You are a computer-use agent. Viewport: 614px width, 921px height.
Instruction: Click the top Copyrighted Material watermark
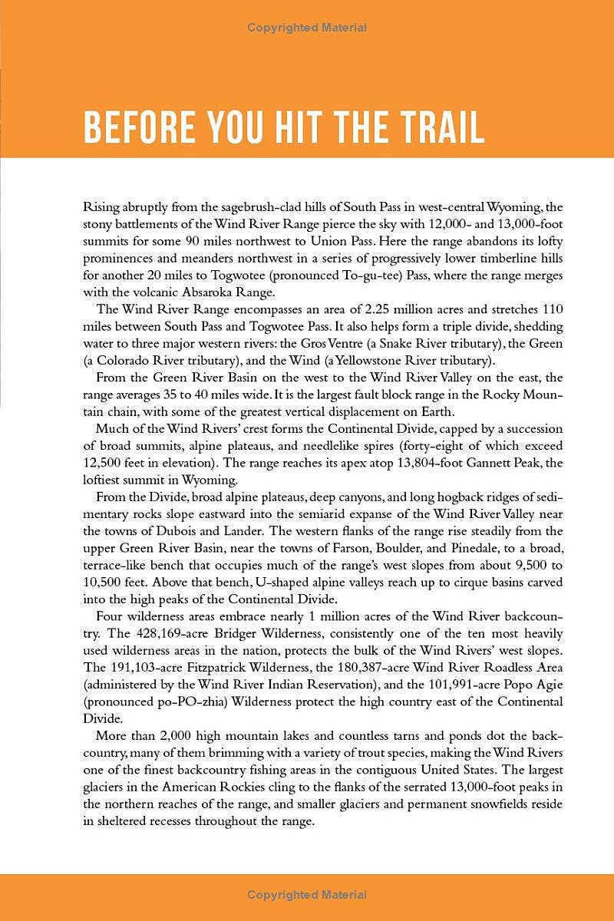tap(307, 28)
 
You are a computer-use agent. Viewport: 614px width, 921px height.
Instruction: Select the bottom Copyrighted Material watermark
tap(307, 895)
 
